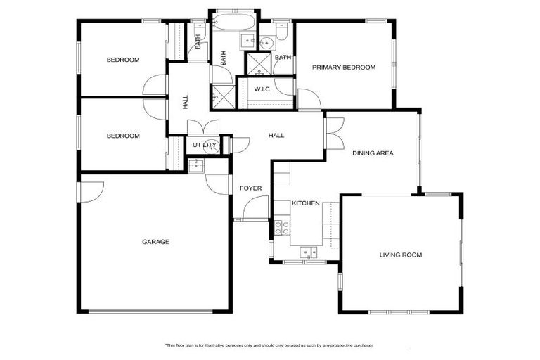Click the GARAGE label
pos(155,242)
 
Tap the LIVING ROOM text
pos(400,255)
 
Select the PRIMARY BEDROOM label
pos(344,67)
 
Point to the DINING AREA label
pos(373,153)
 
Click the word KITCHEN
pos(306,203)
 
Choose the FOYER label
pos(250,188)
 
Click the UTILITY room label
pos(203,146)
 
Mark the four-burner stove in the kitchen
pos(282,227)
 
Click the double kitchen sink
pos(308,252)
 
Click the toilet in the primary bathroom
pos(281,32)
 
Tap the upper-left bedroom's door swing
pos(154,86)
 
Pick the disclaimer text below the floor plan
pos(269,345)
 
